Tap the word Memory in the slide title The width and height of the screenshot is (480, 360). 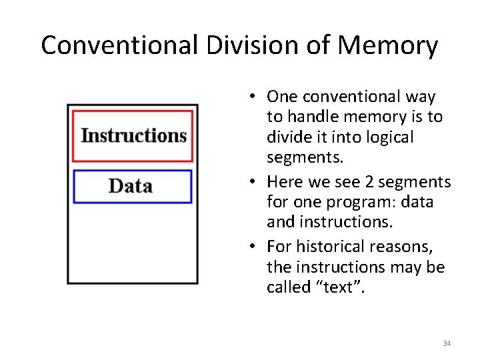click(x=388, y=45)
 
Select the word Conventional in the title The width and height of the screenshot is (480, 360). click(x=119, y=45)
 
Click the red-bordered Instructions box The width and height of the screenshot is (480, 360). click(x=133, y=136)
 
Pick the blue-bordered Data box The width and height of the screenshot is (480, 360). click(x=131, y=186)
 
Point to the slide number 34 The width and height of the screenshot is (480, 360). click(x=447, y=343)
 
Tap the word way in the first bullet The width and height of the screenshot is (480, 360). click(x=420, y=97)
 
